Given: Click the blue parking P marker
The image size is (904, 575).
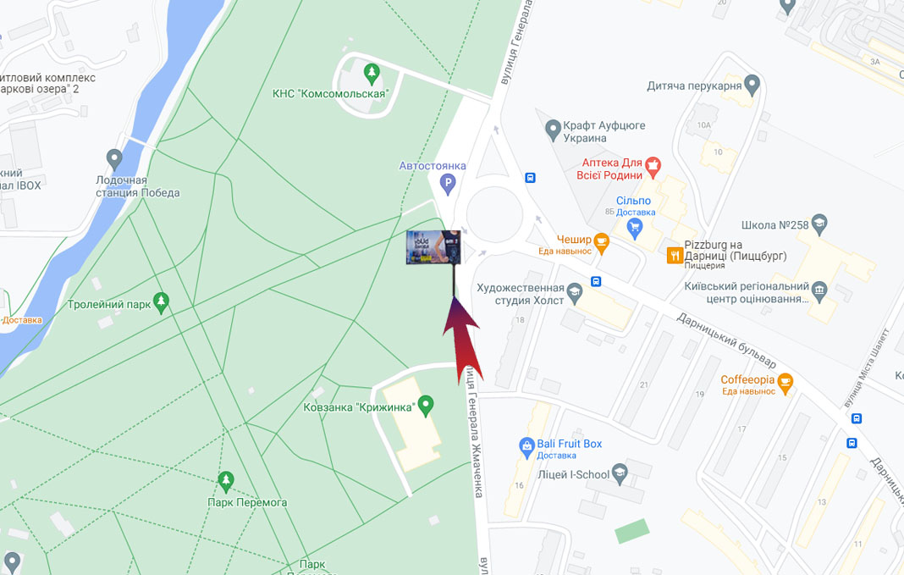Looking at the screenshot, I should (x=448, y=182).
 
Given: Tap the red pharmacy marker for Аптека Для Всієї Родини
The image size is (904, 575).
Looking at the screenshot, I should (x=653, y=163).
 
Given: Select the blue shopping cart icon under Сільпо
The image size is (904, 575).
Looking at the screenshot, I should (x=635, y=228).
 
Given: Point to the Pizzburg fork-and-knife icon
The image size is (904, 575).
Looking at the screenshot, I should (x=675, y=255).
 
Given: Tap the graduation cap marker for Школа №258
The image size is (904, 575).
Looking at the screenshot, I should (x=819, y=225).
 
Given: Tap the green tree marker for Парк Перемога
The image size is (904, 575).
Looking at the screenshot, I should (x=225, y=482).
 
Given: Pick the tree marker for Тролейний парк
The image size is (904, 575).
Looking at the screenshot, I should (x=161, y=302).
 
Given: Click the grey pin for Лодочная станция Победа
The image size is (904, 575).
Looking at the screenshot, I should (x=114, y=158).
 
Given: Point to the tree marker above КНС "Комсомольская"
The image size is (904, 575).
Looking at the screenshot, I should (x=371, y=73).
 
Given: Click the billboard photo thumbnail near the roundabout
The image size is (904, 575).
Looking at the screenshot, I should (x=434, y=247).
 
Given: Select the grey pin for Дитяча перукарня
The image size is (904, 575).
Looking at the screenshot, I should (x=752, y=85).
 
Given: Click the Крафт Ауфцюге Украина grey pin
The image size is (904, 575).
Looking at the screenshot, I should (x=553, y=130).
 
